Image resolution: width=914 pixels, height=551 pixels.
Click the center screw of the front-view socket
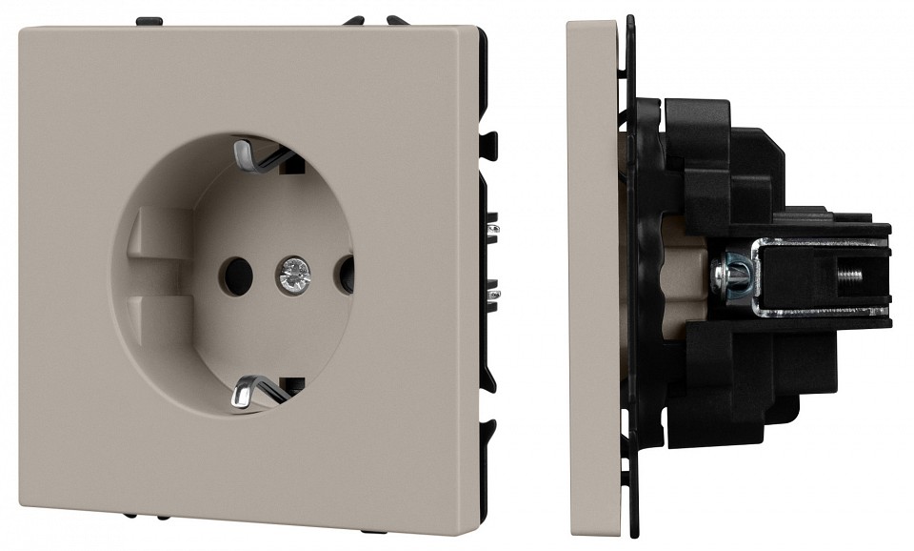(x=293, y=275)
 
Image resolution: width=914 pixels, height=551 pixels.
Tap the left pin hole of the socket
(x=235, y=275)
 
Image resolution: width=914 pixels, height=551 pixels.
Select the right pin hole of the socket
(x=345, y=275)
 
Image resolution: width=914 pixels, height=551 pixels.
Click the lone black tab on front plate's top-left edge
(x=149, y=20)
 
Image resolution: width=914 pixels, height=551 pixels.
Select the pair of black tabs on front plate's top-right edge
(x=375, y=19)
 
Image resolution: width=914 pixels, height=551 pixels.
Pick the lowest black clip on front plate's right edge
(x=489, y=429)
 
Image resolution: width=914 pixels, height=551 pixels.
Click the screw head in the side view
(x=734, y=275)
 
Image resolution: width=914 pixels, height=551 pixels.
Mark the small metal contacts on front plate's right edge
(x=492, y=262)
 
